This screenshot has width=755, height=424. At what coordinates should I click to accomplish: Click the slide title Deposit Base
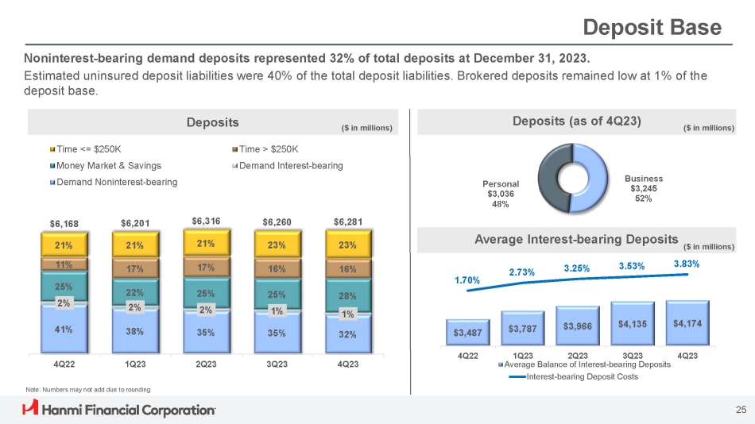point(652,29)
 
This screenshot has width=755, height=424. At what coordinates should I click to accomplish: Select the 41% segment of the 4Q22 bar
point(63,330)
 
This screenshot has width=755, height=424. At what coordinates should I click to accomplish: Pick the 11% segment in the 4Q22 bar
point(63,264)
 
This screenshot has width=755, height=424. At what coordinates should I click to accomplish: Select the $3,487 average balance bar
point(467,331)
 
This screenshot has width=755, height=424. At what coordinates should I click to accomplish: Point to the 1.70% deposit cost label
point(467,280)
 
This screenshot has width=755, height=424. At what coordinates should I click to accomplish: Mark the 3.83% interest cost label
point(686,264)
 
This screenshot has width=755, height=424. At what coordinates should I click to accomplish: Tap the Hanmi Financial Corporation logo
point(120,410)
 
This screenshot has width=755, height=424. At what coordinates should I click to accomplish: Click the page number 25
point(740,410)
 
